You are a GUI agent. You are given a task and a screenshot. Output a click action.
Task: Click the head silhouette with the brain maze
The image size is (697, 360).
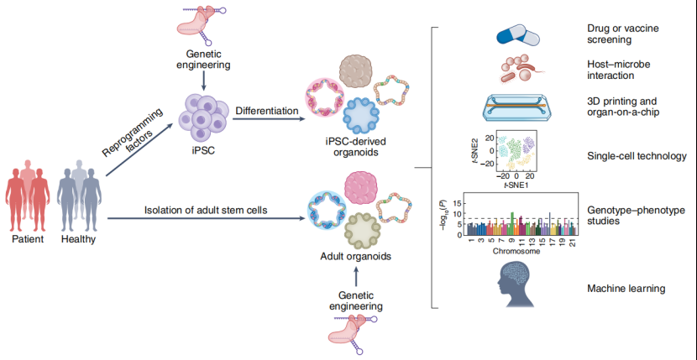[x=513, y=286]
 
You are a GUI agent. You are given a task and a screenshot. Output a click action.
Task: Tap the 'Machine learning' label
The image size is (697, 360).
[x=626, y=289]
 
